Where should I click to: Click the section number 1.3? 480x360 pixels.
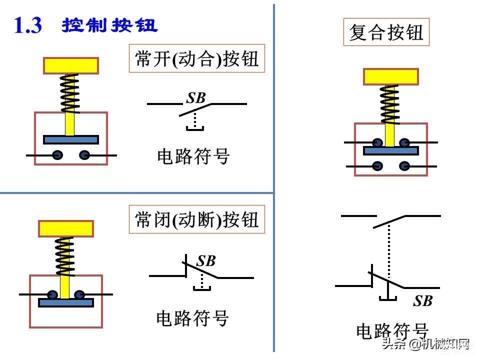[x=28, y=25]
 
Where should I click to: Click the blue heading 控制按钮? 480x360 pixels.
[x=109, y=25]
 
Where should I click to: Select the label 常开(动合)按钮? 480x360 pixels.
[x=197, y=58]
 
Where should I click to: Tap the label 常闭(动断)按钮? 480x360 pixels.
[x=197, y=219]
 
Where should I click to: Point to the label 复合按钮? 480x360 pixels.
[x=386, y=32]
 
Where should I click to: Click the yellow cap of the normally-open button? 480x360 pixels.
[x=70, y=65]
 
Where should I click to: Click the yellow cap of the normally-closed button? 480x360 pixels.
[x=66, y=228]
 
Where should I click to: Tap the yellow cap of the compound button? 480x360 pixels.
[x=390, y=76]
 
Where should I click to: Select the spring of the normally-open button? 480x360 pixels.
[x=70, y=93]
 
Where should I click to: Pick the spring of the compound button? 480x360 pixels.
[x=389, y=104]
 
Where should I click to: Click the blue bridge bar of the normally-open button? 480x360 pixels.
[x=70, y=140]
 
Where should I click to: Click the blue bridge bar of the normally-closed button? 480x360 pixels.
[x=66, y=303]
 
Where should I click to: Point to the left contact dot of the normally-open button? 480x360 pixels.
[x=57, y=155]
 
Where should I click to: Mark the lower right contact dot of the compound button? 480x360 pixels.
[x=404, y=166]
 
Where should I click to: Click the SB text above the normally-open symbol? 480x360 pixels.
[x=196, y=98]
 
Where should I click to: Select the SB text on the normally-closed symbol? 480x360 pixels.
[x=206, y=261]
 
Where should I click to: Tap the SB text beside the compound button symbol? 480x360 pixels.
[x=423, y=301]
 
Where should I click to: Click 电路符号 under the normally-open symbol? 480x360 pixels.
[x=193, y=156]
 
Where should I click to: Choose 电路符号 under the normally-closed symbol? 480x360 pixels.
[x=192, y=318]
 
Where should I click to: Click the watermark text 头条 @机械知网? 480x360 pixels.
[x=426, y=344]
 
